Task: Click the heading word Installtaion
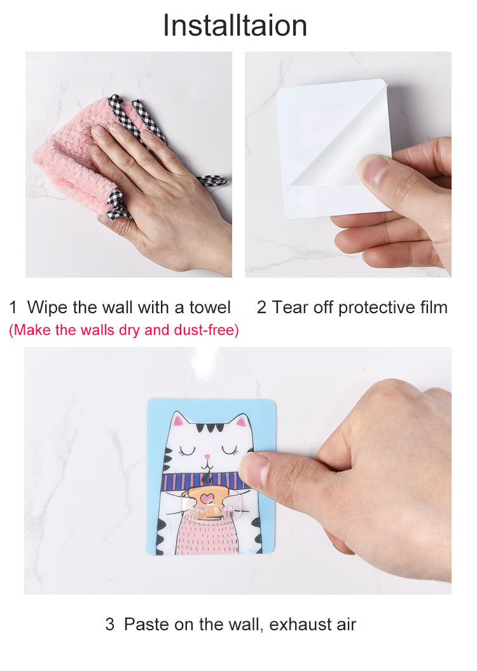tap(235, 25)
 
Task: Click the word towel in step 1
tap(210, 307)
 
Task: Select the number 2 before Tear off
tap(261, 307)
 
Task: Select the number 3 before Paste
tap(110, 624)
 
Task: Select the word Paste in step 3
tap(148, 624)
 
